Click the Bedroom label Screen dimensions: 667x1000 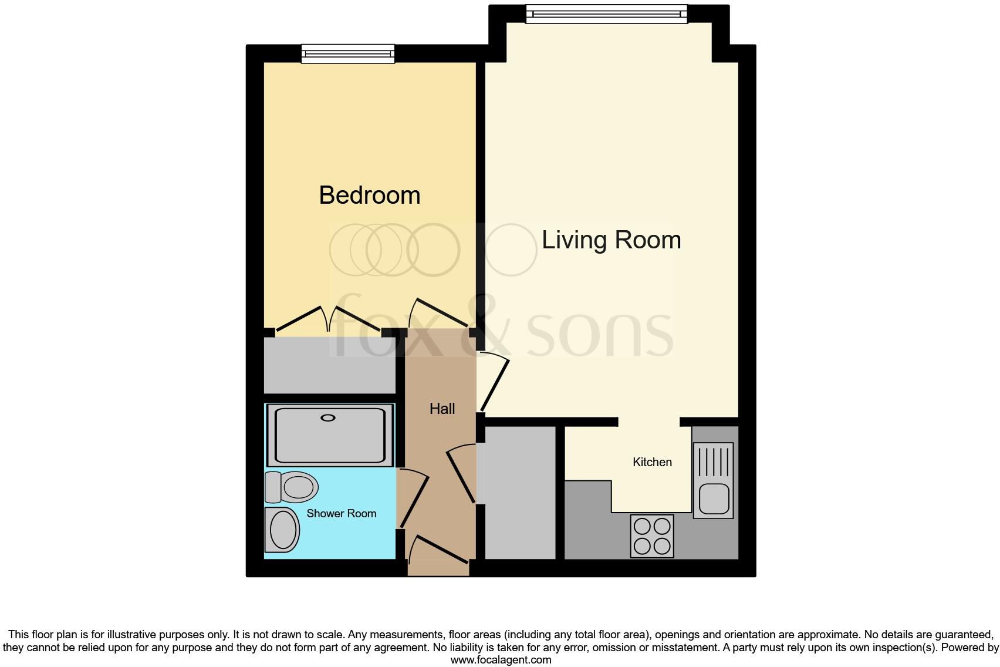coord(369,195)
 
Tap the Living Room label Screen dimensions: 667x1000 coord(611,240)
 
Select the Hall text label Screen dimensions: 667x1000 coord(442,409)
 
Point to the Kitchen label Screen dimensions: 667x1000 coord(652,462)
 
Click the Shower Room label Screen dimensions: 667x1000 coord(341,513)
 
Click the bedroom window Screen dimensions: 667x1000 coord(347,54)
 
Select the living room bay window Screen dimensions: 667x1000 coord(606,14)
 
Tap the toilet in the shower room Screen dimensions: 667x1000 coord(292,487)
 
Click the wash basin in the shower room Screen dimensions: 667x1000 coord(282,530)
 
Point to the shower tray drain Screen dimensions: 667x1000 coord(327,418)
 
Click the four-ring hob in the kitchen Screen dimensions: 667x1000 coord(652,535)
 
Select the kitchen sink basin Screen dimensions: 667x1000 coord(714,498)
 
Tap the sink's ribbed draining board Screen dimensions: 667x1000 coord(714,461)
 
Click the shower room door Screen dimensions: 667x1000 coord(414,499)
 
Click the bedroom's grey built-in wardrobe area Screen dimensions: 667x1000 coord(329,365)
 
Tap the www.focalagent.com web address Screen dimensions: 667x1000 coord(501,660)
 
